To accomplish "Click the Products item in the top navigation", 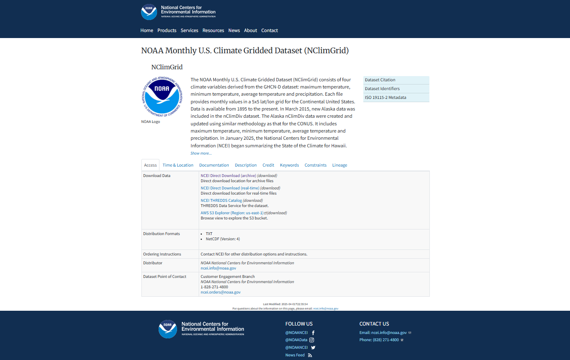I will point(167,30).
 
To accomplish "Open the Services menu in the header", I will point(189,30).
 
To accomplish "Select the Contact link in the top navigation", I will point(269,30).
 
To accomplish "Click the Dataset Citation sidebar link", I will point(380,80).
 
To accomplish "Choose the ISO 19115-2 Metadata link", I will point(385,98).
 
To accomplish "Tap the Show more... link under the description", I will point(201,153).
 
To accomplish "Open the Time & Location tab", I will point(178,165).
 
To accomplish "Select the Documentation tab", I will point(214,165).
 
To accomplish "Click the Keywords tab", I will point(289,165).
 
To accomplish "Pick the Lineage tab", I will point(339,165).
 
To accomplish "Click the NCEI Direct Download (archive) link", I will point(228,176).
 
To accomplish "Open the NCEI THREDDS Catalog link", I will point(221,201).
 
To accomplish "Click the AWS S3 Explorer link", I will point(232,213).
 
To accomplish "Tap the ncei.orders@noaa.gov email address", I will point(220,292).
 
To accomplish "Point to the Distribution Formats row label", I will point(161,234).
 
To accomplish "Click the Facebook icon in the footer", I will point(313,333).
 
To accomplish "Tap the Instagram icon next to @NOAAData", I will point(312,340).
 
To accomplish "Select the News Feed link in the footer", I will point(295,355).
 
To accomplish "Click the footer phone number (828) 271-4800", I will point(386,340).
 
